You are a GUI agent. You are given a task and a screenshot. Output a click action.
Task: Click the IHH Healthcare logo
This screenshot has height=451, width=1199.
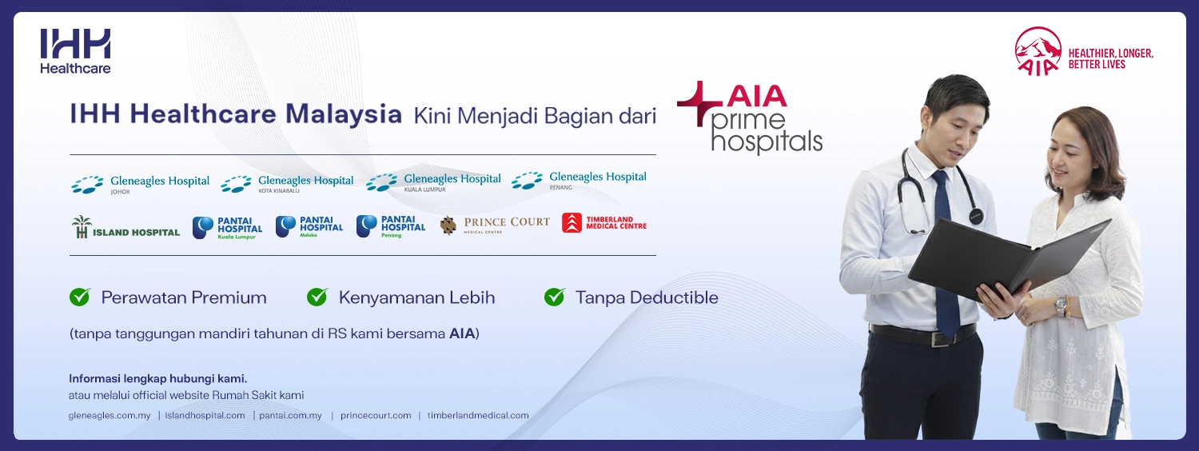(x=75, y=51)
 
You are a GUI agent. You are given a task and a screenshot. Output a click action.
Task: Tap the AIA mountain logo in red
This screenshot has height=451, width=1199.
(x=1038, y=51)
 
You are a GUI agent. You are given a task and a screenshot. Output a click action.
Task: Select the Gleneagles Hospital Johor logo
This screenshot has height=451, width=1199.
(x=140, y=184)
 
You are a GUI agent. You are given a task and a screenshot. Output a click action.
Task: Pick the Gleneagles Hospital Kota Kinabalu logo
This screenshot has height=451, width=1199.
(x=287, y=184)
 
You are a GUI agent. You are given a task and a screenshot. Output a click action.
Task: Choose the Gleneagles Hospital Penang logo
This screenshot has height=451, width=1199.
(x=579, y=181)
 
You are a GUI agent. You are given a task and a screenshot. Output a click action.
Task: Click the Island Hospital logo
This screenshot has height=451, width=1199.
(x=125, y=227)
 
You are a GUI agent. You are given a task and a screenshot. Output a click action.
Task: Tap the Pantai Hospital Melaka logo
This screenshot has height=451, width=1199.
(x=309, y=227)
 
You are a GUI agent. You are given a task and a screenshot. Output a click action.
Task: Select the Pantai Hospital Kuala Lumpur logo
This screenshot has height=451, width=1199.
(x=228, y=228)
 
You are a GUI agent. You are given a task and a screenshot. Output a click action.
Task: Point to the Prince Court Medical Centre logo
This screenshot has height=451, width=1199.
(x=495, y=225)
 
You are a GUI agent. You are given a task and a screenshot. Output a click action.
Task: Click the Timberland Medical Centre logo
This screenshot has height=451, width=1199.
(x=604, y=223)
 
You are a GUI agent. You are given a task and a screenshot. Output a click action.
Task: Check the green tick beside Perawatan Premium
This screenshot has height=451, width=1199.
(x=80, y=297)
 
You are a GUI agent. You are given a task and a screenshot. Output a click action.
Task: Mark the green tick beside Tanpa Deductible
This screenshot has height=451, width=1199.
(x=555, y=297)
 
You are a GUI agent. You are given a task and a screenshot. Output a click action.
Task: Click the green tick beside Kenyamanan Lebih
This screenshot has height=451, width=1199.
(x=317, y=297)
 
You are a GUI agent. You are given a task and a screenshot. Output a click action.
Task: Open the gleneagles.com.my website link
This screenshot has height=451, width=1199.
(x=110, y=416)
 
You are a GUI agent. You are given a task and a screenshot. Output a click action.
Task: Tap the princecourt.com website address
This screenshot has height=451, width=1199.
(x=376, y=416)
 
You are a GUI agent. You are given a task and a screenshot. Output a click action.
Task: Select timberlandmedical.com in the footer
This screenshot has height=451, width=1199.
(x=478, y=416)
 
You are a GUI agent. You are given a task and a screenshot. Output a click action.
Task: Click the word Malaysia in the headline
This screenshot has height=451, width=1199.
(x=344, y=114)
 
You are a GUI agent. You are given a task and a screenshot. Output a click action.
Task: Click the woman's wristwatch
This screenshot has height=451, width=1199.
(x=1061, y=305)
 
